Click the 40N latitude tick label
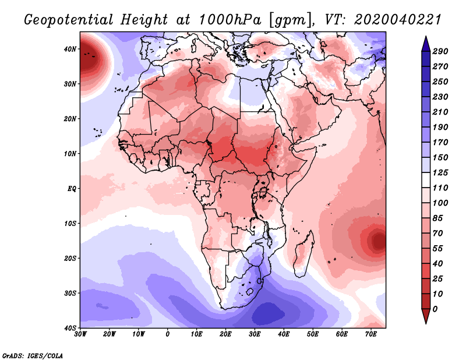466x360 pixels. point(70,49)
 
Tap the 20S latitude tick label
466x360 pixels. point(70,258)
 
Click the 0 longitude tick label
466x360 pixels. point(168,334)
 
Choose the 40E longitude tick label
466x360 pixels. point(284,334)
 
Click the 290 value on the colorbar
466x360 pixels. point(440,52)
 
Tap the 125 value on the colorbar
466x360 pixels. point(440,173)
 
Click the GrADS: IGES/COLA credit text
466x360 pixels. point(33,355)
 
